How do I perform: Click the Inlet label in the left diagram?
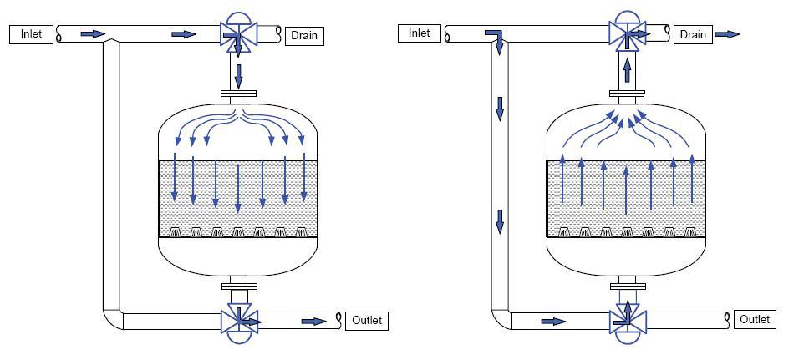tap(31, 34)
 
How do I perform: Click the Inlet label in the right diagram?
tap(419, 33)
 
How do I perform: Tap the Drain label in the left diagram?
tap(304, 36)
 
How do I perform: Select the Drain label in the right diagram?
tap(693, 34)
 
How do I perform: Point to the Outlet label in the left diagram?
tap(367, 320)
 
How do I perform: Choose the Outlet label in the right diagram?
tap(755, 319)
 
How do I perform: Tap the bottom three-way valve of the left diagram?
tap(238, 323)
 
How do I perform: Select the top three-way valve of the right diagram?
tap(627, 32)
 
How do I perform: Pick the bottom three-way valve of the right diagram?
tap(627, 322)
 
